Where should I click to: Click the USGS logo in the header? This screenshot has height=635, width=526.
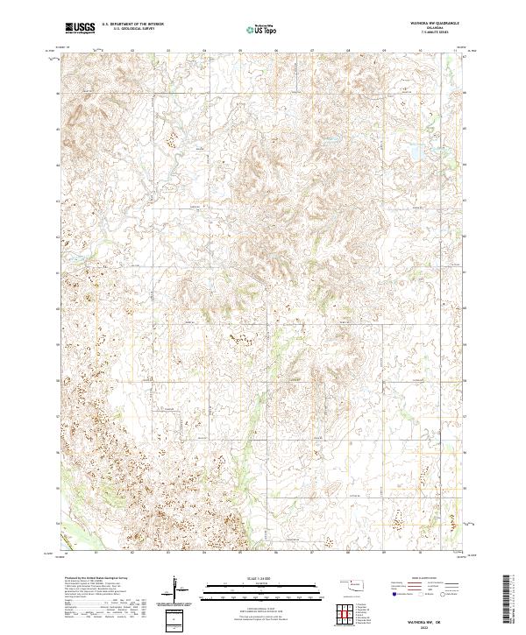81,29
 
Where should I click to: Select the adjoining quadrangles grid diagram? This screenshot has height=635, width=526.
345,613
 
